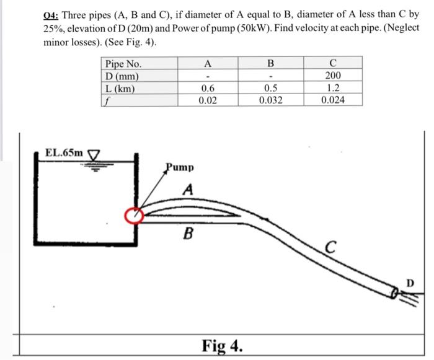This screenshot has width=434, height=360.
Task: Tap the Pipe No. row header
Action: [x=123, y=64]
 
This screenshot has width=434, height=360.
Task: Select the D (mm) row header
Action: [x=122, y=76]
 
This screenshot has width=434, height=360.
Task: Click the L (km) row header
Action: [x=120, y=88]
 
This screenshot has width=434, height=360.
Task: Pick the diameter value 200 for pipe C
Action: [x=333, y=76]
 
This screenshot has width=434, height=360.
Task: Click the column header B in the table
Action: [x=270, y=64]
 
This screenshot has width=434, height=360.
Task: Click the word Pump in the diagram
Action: [x=180, y=167]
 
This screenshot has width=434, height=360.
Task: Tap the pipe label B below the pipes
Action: [x=188, y=234]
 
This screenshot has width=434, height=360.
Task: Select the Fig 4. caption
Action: [x=221, y=344]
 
